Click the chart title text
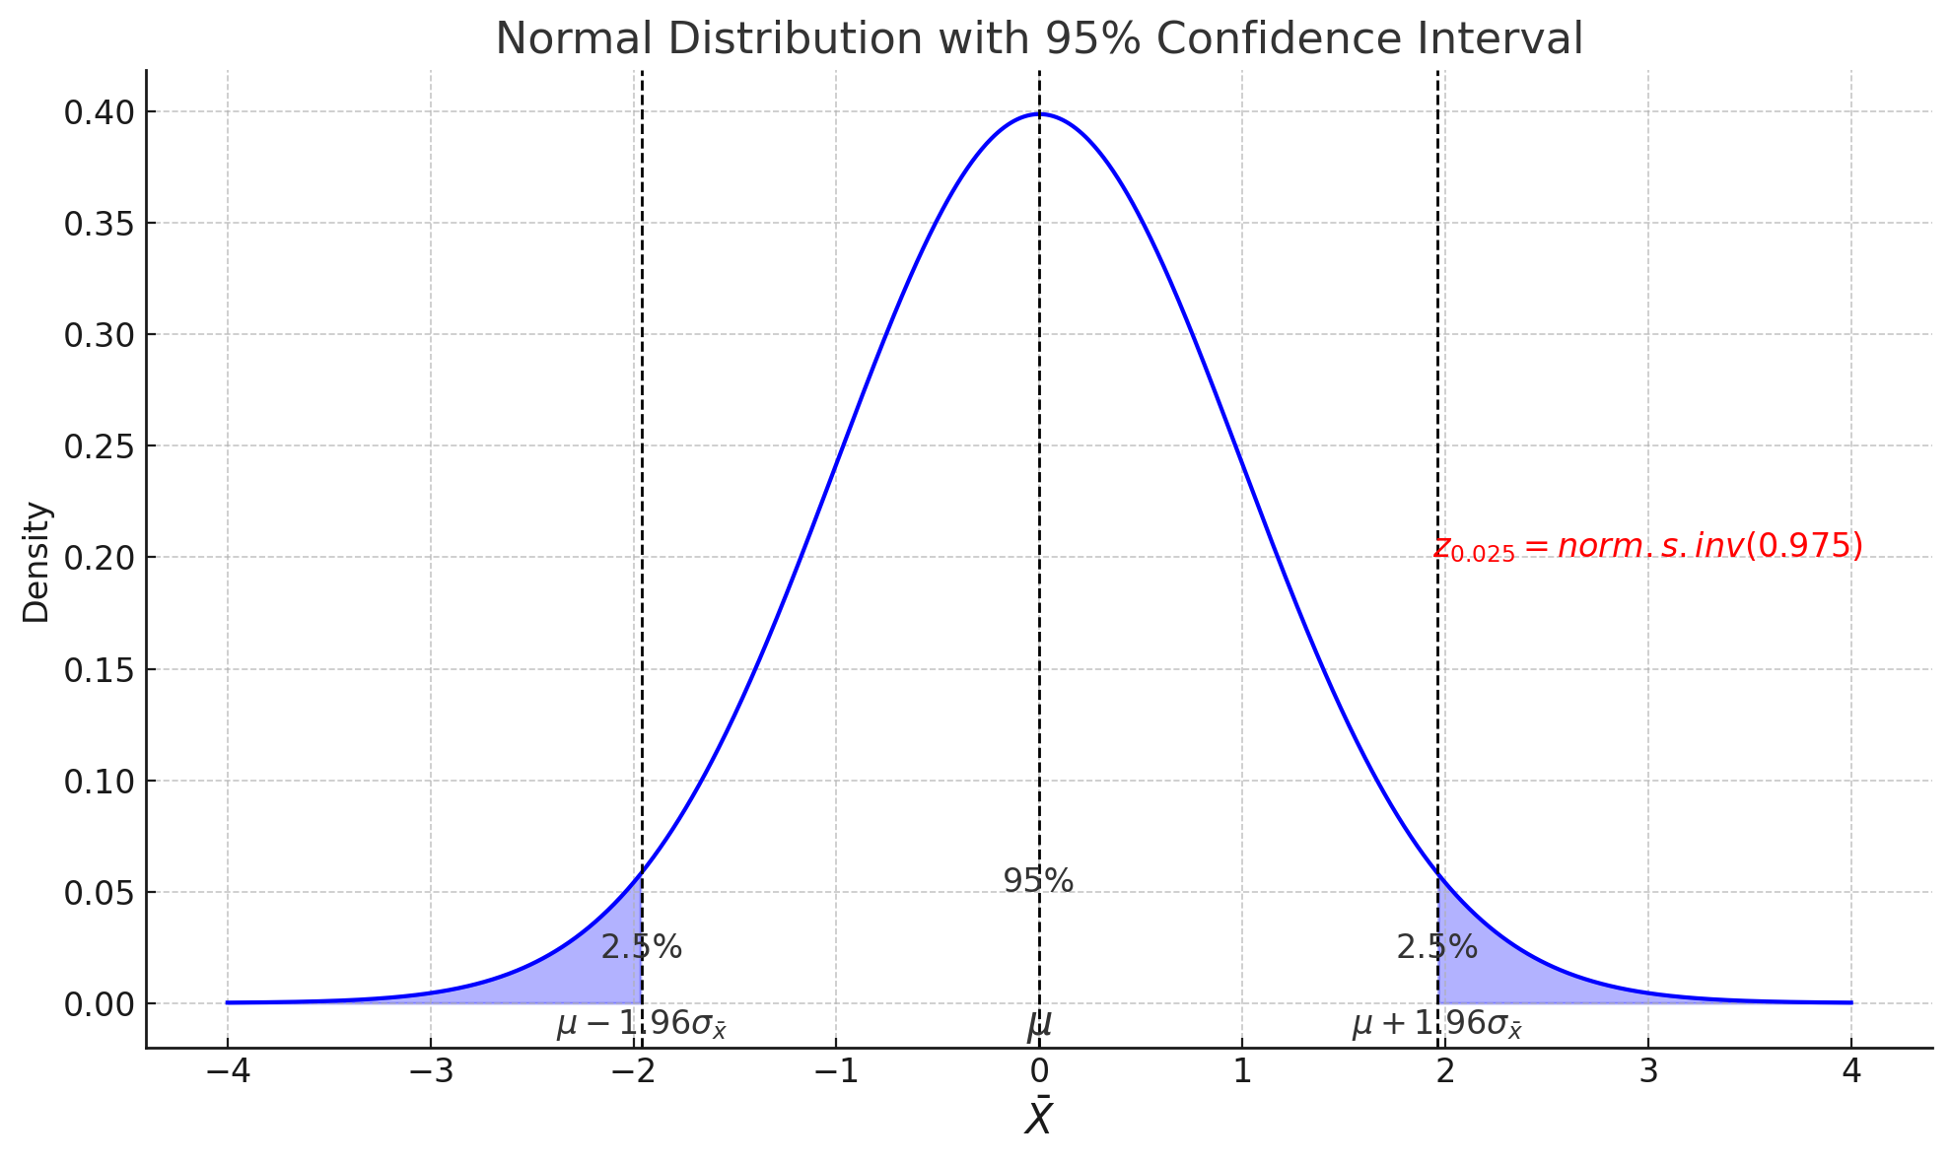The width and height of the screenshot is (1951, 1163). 1038,39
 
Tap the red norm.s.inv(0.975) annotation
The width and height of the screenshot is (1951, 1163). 1647,547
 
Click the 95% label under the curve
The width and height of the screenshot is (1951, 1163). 1038,881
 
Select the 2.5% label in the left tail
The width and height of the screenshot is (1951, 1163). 641,947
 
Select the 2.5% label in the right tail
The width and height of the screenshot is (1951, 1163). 1436,947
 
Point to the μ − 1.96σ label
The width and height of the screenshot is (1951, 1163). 641,1025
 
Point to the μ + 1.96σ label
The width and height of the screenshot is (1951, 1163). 1436,1025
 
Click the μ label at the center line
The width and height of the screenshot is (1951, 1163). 1039,1026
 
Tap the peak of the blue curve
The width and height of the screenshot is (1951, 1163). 1039,114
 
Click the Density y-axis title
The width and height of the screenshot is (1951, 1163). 36,562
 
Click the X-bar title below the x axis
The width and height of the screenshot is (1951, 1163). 1038,1118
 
